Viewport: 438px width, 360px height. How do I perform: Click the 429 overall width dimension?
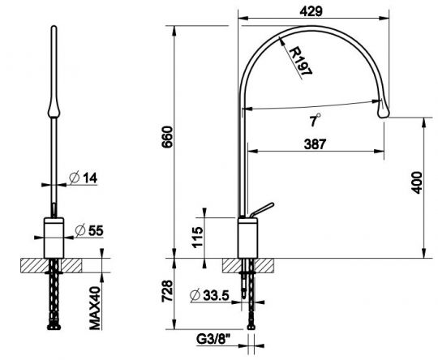click(x=311, y=11)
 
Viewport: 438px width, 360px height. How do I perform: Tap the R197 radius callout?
click(x=300, y=62)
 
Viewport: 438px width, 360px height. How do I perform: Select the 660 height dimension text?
click(x=168, y=137)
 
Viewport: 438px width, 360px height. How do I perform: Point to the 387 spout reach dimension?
click(x=315, y=144)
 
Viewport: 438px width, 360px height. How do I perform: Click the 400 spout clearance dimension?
click(x=416, y=182)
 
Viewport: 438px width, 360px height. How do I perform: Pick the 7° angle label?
click(x=315, y=120)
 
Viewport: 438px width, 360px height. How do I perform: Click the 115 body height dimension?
click(x=197, y=237)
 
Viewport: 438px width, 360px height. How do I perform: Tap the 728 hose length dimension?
click(x=168, y=291)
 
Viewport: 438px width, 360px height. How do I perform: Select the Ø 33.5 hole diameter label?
click(x=209, y=295)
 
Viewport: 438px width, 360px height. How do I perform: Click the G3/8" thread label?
click(x=213, y=339)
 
